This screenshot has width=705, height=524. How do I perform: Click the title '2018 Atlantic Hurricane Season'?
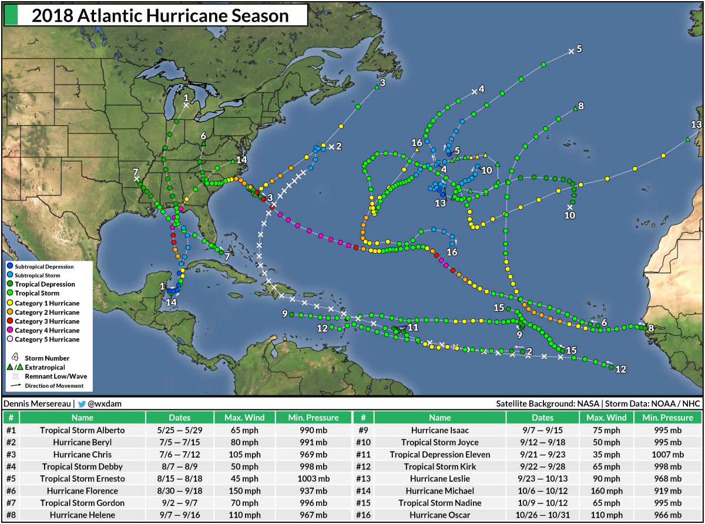(x=160, y=16)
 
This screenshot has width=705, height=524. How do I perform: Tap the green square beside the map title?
(x=11, y=16)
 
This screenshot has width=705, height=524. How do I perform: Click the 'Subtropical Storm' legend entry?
(x=40, y=275)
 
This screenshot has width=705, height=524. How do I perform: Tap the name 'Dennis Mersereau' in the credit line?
(x=38, y=404)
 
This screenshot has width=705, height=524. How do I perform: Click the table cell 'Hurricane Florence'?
(x=82, y=491)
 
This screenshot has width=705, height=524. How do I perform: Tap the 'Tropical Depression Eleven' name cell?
(x=440, y=455)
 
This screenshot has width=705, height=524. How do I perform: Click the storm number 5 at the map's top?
(x=579, y=49)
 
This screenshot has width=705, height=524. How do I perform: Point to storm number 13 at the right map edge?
(x=696, y=125)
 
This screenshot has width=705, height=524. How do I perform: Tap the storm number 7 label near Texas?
(x=136, y=171)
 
